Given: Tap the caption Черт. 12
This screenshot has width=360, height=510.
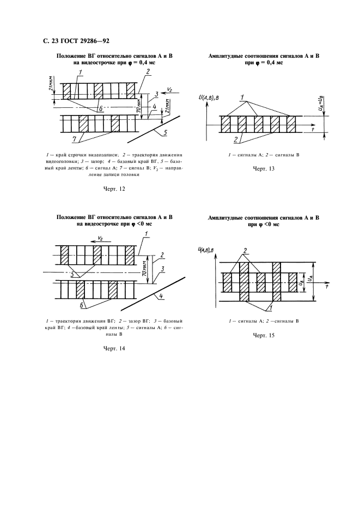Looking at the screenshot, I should (x=114, y=189).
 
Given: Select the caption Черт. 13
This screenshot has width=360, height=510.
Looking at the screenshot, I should (x=264, y=169).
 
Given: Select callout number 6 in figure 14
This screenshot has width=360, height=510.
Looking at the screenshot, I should (x=82, y=303).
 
